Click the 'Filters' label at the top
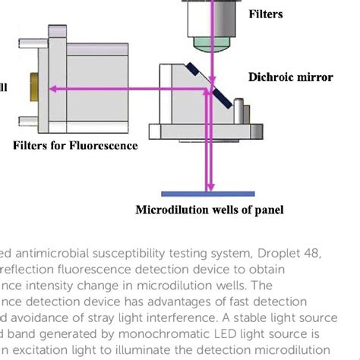click(265, 13)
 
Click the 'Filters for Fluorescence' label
click(75, 144)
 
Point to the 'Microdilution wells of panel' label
click(209, 210)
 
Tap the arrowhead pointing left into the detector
click(55, 90)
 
